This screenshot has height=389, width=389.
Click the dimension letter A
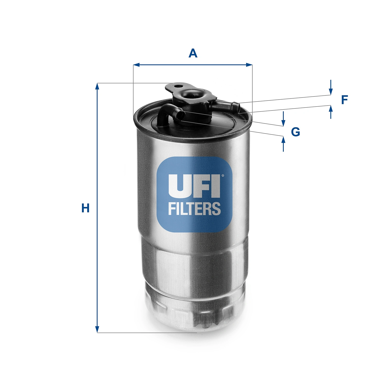(x=193, y=53)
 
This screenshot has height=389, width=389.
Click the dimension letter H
(x=85, y=208)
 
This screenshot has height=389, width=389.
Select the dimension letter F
(x=344, y=100)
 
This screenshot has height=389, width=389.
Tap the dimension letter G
(x=295, y=132)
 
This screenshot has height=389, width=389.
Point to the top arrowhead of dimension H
(x=97, y=86)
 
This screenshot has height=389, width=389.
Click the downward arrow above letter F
(x=331, y=91)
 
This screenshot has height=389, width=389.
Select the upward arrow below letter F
(x=331, y=109)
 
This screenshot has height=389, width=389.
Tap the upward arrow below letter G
(x=283, y=140)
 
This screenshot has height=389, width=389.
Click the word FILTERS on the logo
(x=194, y=209)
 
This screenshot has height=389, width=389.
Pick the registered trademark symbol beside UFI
(x=223, y=176)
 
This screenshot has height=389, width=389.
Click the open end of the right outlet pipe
(x=236, y=106)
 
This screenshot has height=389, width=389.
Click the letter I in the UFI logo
(x=216, y=185)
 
